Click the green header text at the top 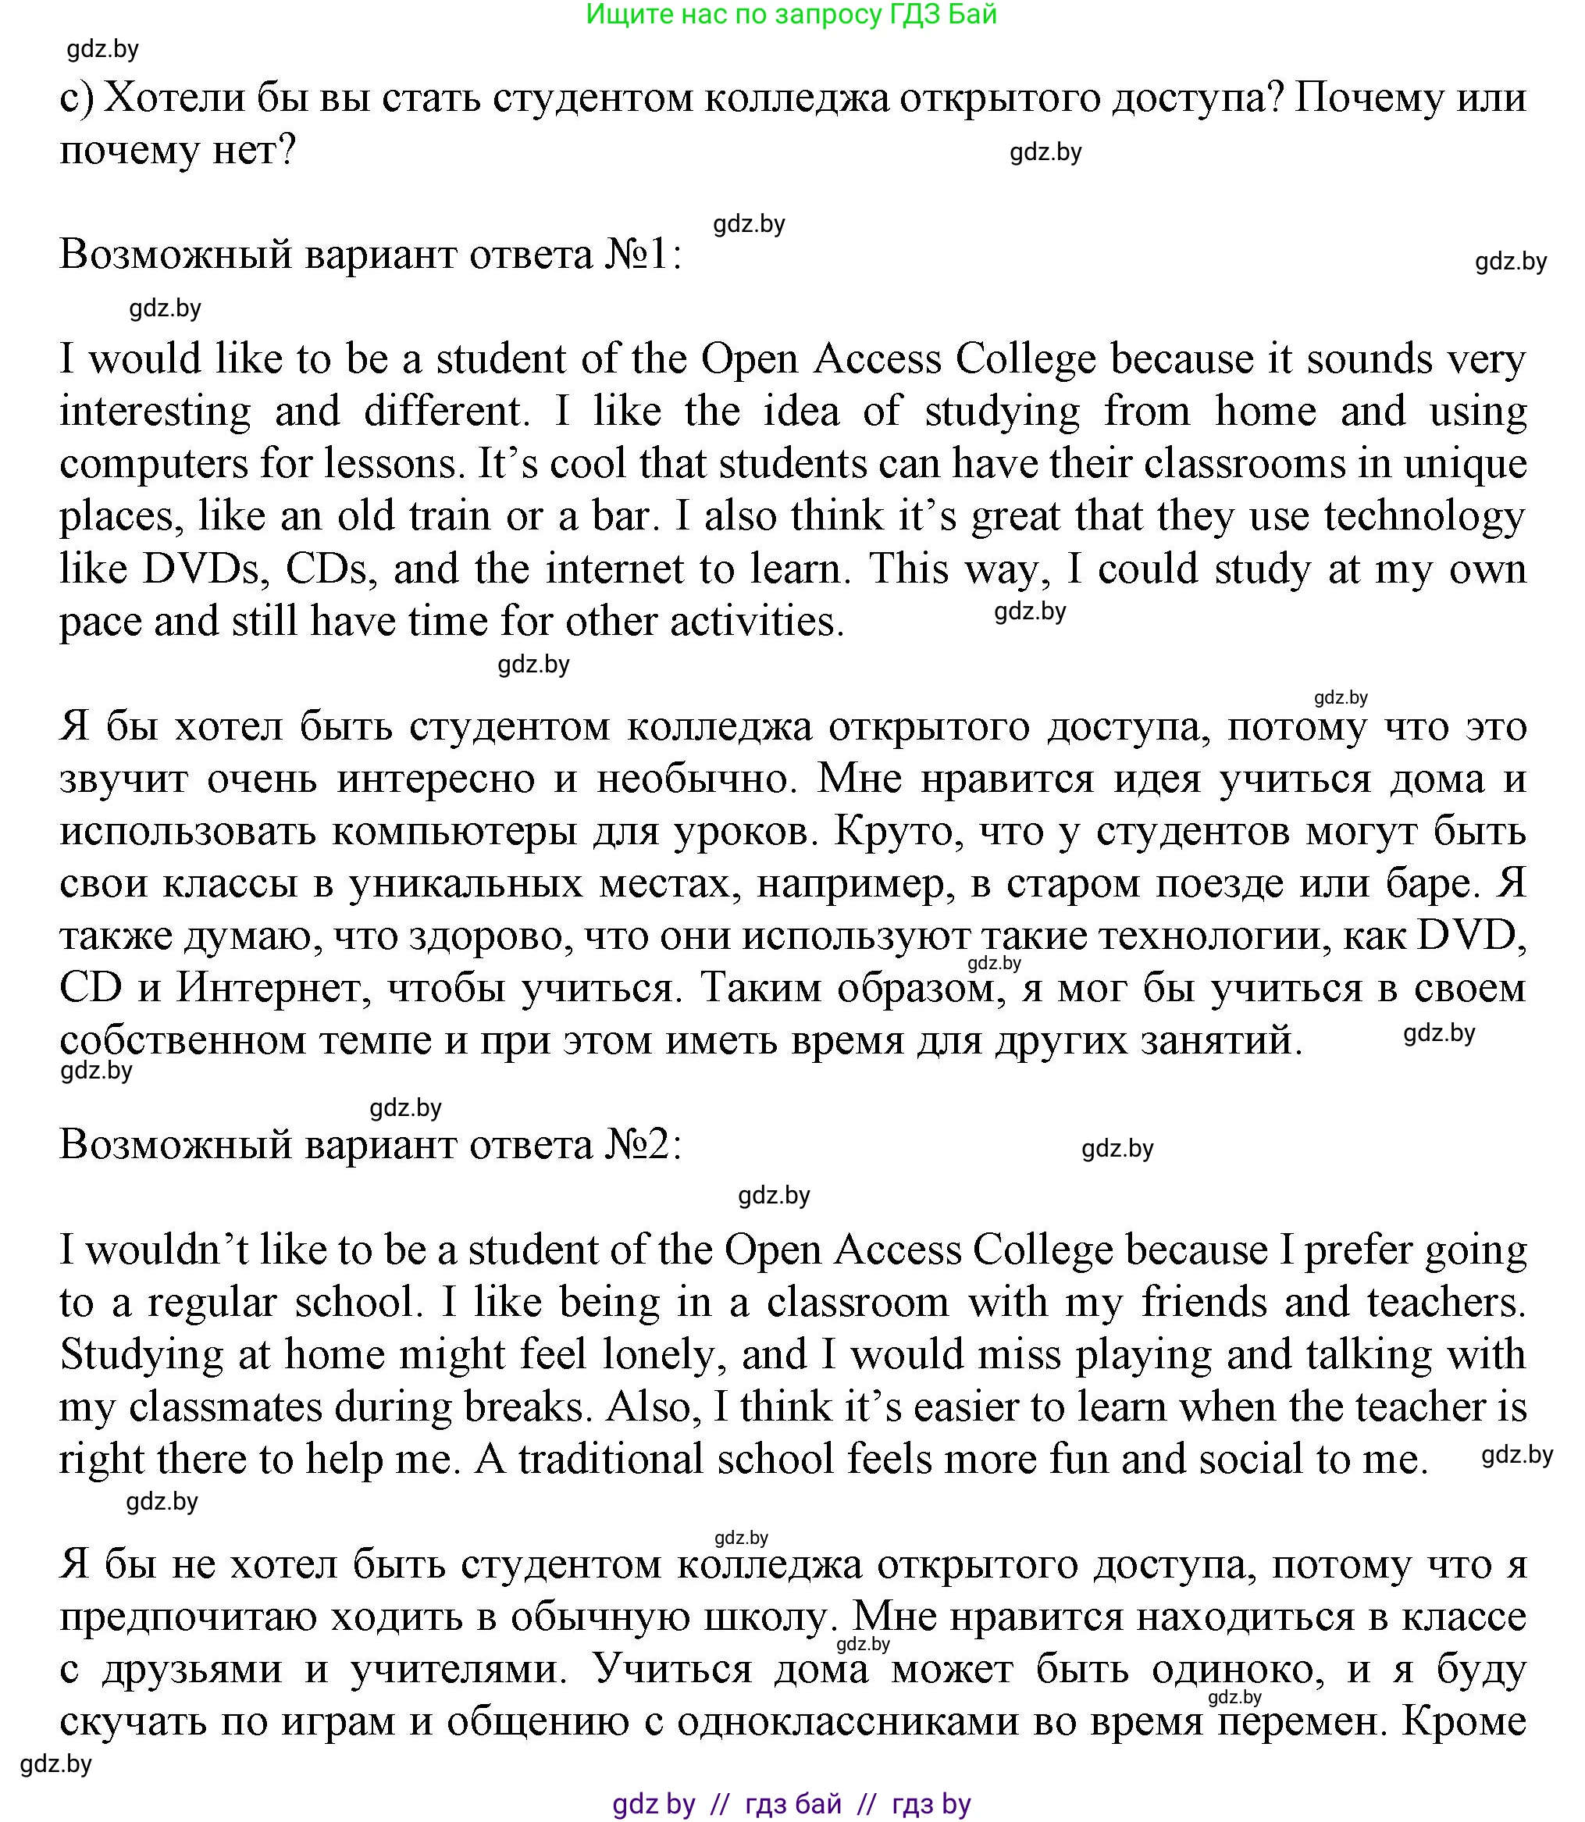click(x=792, y=14)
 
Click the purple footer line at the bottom click(x=792, y=1802)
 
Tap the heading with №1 click(x=371, y=255)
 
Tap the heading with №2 click(x=371, y=1146)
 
